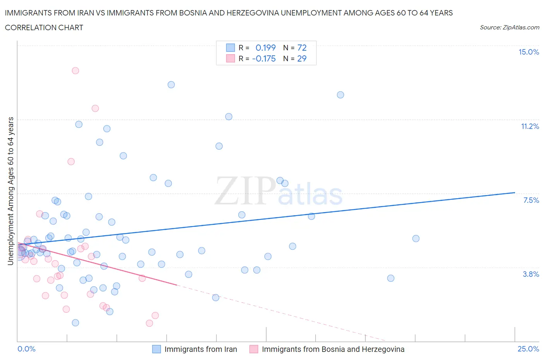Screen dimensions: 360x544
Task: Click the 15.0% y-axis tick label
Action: pyautogui.click(x=529, y=52)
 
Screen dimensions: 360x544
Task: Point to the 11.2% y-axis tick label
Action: pyautogui.click(x=530, y=126)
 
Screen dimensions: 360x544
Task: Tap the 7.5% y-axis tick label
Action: pyautogui.click(x=531, y=200)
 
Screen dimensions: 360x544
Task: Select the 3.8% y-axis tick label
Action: pyautogui.click(x=531, y=274)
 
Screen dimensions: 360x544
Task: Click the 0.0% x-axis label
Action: pyautogui.click(x=26, y=349)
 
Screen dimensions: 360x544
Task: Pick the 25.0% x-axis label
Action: pyautogui.click(x=528, y=349)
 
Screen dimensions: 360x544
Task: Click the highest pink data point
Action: pyautogui.click(x=75, y=70)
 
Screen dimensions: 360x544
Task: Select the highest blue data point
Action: pyautogui.click(x=171, y=85)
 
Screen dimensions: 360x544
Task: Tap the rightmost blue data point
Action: pyautogui.click(x=416, y=238)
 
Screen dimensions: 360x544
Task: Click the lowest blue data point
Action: pyautogui.click(x=75, y=323)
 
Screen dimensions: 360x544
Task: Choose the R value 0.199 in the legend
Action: pyautogui.click(x=265, y=48)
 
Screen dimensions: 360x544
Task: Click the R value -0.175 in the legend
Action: pyautogui.click(x=264, y=58)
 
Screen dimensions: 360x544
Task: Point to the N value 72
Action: pyautogui.click(x=302, y=48)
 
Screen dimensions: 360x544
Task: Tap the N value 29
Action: pyautogui.click(x=302, y=58)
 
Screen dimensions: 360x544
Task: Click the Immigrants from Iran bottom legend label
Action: pyautogui.click(x=200, y=349)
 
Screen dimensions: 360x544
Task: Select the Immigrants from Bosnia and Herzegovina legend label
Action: pyautogui.click(x=333, y=349)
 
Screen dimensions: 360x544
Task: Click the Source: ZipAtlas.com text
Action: pyautogui.click(x=509, y=27)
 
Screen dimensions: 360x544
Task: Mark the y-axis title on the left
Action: pyautogui.click(x=10, y=191)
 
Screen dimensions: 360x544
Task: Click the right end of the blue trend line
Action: pyautogui.click(x=515, y=192)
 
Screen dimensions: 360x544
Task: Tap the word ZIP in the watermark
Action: pyautogui.click(x=245, y=190)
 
